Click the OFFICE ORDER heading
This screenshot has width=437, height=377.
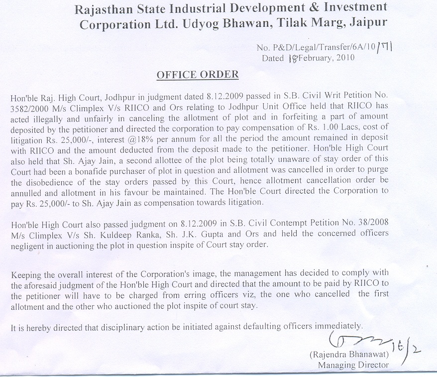coord(198,75)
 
